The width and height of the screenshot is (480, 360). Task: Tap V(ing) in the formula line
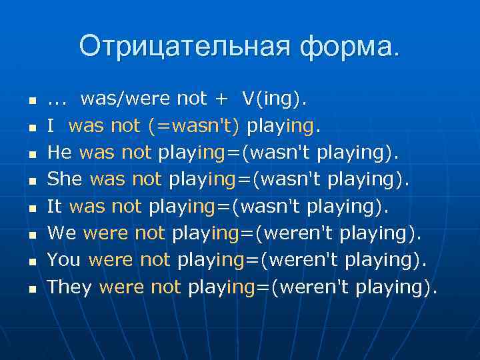[x=273, y=99]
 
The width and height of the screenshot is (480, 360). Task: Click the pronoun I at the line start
[x=51, y=126]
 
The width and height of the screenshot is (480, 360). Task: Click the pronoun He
[x=60, y=153]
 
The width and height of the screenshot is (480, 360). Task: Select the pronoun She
[x=65, y=180]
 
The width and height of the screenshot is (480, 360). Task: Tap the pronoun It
[x=55, y=207]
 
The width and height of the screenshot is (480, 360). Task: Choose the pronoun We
[x=62, y=234]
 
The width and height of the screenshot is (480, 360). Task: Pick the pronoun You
[x=64, y=261]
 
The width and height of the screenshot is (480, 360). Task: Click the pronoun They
[x=70, y=287]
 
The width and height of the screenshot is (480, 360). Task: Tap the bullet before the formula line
[x=31, y=101]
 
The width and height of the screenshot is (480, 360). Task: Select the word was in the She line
[x=107, y=180]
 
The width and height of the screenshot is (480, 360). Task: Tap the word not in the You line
[x=155, y=261]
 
